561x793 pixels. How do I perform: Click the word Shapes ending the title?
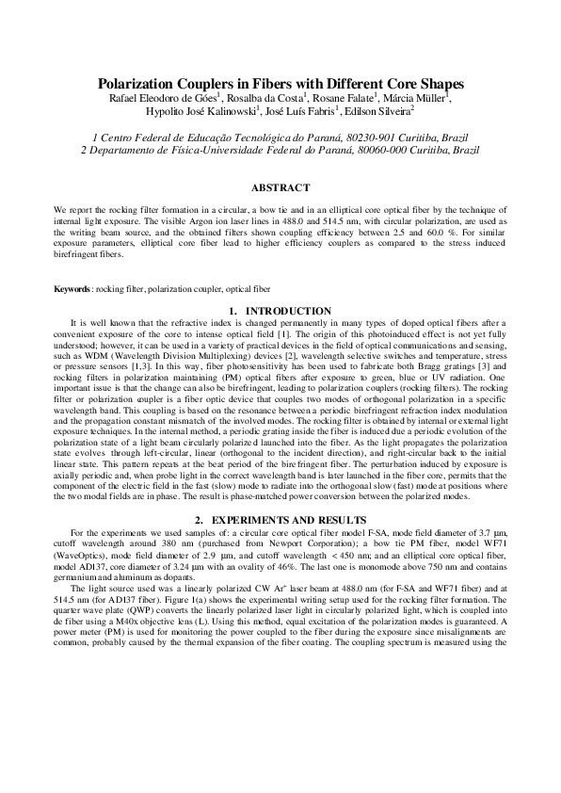click(435, 84)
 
